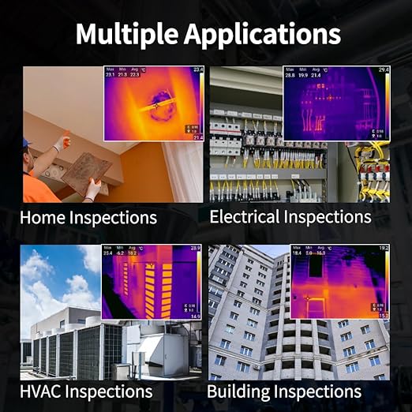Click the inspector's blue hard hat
coord(28,143)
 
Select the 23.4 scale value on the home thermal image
coord(198,71)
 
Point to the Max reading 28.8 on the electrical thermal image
coord(290,76)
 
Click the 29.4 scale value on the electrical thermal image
coord(384,71)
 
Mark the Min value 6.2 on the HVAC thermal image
coord(120,253)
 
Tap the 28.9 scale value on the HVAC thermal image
coord(195,249)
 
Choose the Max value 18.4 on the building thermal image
coord(298,253)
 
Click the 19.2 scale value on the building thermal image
coord(384,249)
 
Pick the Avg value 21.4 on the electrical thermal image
coord(316,76)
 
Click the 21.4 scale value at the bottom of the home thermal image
coord(198,137)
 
